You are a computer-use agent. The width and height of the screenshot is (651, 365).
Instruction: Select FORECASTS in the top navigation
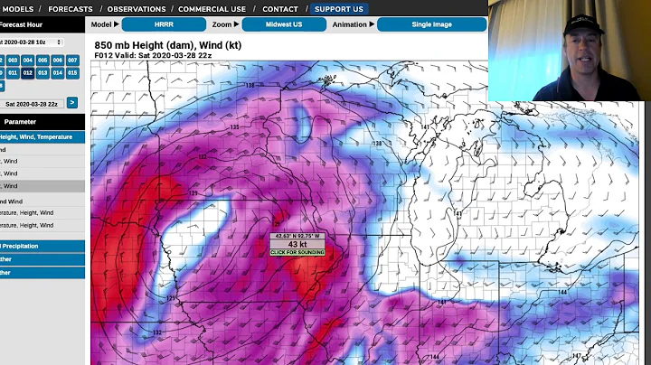coord(70,8)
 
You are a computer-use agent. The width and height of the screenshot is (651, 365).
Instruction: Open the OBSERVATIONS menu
coord(137,8)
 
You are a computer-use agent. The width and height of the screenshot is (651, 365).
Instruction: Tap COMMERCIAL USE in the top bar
coord(212,8)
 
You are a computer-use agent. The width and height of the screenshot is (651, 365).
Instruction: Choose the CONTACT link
coord(280,8)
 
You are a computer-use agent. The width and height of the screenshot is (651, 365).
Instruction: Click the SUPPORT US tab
coord(339,8)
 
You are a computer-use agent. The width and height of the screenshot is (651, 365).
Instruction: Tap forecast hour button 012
coord(28,72)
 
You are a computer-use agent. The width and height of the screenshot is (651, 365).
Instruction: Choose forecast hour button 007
coord(72,60)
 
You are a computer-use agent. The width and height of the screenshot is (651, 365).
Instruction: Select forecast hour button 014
coord(58,72)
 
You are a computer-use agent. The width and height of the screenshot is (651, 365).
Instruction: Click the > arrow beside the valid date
coord(72,103)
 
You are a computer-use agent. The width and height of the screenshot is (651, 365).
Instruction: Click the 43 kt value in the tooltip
coord(297,244)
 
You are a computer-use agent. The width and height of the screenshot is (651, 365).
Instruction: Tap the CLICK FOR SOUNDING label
coord(297,252)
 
